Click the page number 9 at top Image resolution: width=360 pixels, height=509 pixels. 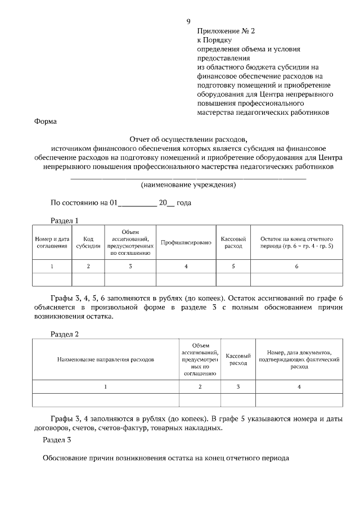pyautogui.click(x=188, y=22)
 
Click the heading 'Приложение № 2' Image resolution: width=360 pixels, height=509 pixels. pyautogui.click(x=223, y=33)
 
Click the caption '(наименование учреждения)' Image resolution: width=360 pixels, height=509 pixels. pyautogui.click(x=188, y=185)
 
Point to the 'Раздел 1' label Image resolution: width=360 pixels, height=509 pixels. pyautogui.click(x=64, y=220)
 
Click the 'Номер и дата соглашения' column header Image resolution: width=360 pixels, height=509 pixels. pyautogui.click(x=52, y=242)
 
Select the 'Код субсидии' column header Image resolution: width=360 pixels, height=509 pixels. pyautogui.click(x=88, y=242)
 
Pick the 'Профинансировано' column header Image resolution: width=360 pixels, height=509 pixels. pyautogui.click(x=186, y=242)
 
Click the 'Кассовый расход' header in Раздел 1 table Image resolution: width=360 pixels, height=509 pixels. pyautogui.click(x=233, y=242)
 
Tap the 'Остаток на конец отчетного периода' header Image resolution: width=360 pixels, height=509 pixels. pyautogui.click(x=296, y=242)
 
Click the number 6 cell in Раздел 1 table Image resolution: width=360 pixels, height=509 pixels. pyautogui.click(x=296, y=266)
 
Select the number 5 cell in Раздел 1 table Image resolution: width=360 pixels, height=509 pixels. pyautogui.click(x=233, y=266)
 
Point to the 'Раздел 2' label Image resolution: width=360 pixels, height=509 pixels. pyautogui.click(x=64, y=334)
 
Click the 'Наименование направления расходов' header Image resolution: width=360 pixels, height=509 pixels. pyautogui.click(x=106, y=359)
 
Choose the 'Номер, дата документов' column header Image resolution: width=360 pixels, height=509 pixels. pyautogui.click(x=299, y=359)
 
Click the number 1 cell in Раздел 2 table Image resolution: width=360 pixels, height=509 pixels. pyautogui.click(x=106, y=387)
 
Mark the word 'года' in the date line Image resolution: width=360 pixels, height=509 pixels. pyautogui.click(x=184, y=203)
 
